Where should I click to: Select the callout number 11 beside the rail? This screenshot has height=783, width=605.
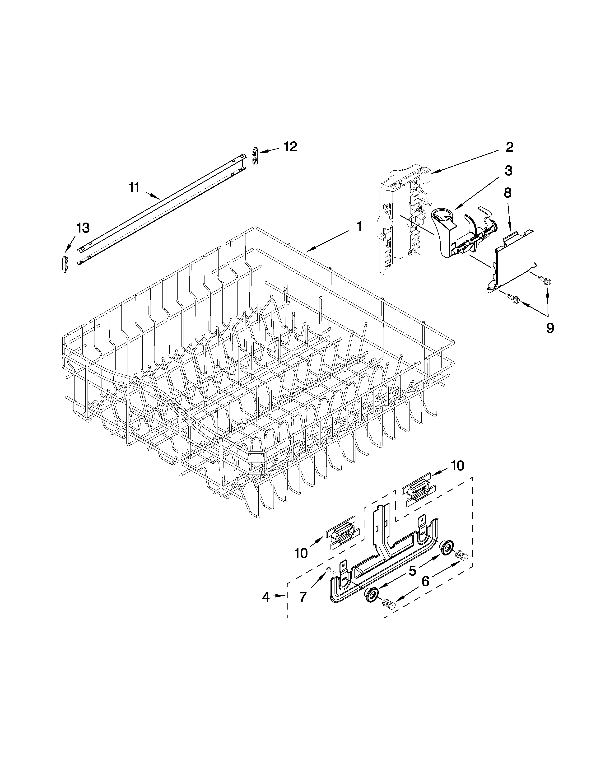coord(134,187)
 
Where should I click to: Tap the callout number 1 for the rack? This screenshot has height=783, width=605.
coord(359,226)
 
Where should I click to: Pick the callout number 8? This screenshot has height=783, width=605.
coord(507,193)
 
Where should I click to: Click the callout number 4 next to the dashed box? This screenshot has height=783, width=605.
coord(265,597)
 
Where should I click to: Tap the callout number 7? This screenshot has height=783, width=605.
coord(303,597)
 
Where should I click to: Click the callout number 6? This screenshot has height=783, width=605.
coord(425,581)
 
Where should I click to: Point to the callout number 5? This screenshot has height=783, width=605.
coord(413,571)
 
